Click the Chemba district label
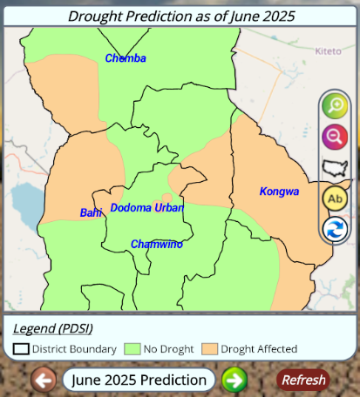coord(126,58)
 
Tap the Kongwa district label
coord(279,191)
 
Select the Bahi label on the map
coord(91,212)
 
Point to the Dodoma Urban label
coord(146,208)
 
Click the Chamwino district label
coord(157,244)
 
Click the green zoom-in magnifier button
coord(334,106)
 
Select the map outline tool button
coord(334,167)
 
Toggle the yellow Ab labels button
coord(334,198)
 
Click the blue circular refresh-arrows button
coord(334,230)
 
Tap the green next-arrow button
coord(234,380)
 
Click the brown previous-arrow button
coord(44,380)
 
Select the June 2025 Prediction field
coord(139,380)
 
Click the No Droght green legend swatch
coord(133,348)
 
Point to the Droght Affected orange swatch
coord(210,348)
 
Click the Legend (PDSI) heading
coord(53,328)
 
